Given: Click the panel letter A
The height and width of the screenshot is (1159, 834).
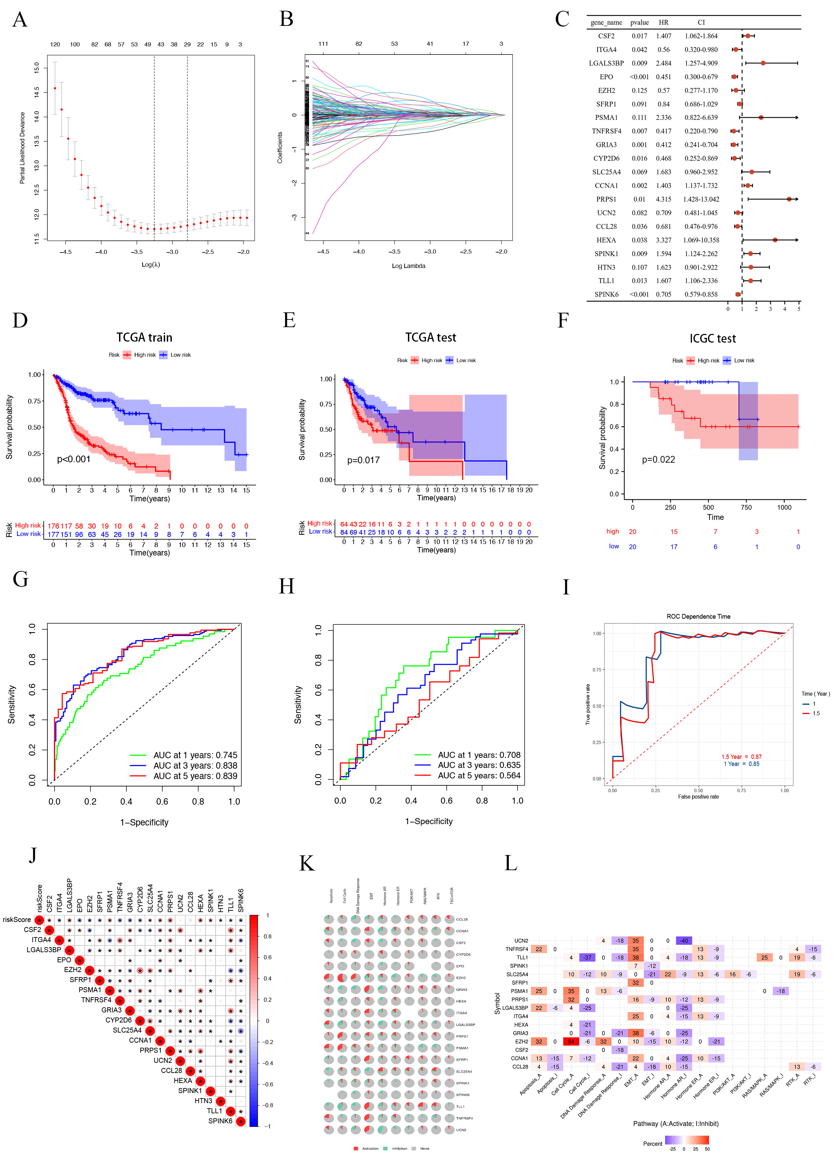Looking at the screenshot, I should click(20, 20).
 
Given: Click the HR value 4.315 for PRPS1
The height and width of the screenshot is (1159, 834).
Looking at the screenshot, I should click(663, 199).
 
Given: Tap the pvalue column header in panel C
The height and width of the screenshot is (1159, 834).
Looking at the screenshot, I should click(639, 23).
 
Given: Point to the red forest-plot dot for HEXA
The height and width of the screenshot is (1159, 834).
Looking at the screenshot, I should click(775, 240).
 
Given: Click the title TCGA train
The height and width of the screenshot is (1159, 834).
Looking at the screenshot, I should click(144, 337).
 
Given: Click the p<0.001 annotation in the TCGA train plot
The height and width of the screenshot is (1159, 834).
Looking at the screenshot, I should click(74, 459).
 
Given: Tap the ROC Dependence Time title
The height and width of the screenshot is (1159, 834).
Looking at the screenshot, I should click(698, 616).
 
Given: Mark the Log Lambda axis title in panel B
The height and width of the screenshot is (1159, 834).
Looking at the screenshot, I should click(408, 266).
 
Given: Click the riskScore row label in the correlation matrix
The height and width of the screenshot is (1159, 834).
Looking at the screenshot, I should click(17, 920).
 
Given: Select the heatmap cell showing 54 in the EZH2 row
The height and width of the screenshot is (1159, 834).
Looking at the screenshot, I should click(571, 1041).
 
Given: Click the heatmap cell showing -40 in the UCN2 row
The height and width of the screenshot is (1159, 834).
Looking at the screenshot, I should click(684, 941).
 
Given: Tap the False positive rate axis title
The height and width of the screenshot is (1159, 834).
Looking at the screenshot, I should click(698, 797).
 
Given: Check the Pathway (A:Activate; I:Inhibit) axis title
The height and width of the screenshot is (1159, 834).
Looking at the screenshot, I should click(676, 1124).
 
